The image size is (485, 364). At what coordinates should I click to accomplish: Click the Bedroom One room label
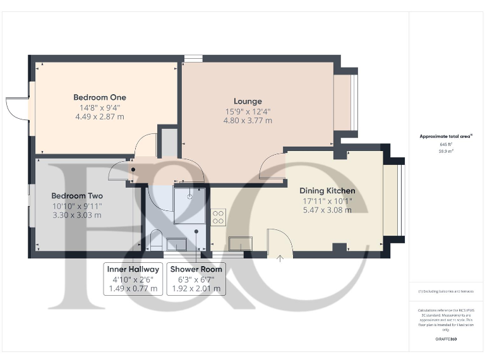click(100, 97)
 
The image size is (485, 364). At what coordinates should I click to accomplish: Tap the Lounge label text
click(248, 101)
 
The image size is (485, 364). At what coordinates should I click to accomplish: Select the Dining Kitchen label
click(327, 191)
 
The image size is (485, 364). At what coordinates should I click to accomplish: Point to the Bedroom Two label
click(77, 196)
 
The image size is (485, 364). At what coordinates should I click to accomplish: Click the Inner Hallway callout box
click(133, 279)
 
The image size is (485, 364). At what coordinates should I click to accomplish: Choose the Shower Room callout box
click(196, 279)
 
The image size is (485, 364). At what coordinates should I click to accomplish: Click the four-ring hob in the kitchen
click(219, 217)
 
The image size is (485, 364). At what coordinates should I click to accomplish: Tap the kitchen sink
click(240, 243)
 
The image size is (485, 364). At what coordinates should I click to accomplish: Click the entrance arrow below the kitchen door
click(280, 258)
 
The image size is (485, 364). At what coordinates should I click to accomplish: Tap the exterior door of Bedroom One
click(17, 108)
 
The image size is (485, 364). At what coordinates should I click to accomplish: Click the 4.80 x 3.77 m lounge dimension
click(248, 121)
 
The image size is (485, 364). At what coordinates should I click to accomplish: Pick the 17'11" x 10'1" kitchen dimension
click(327, 202)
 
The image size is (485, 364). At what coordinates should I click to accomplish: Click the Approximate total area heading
click(446, 136)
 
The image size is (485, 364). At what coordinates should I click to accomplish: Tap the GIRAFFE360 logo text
click(446, 339)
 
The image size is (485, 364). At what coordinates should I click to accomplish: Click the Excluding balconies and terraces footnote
click(446, 291)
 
